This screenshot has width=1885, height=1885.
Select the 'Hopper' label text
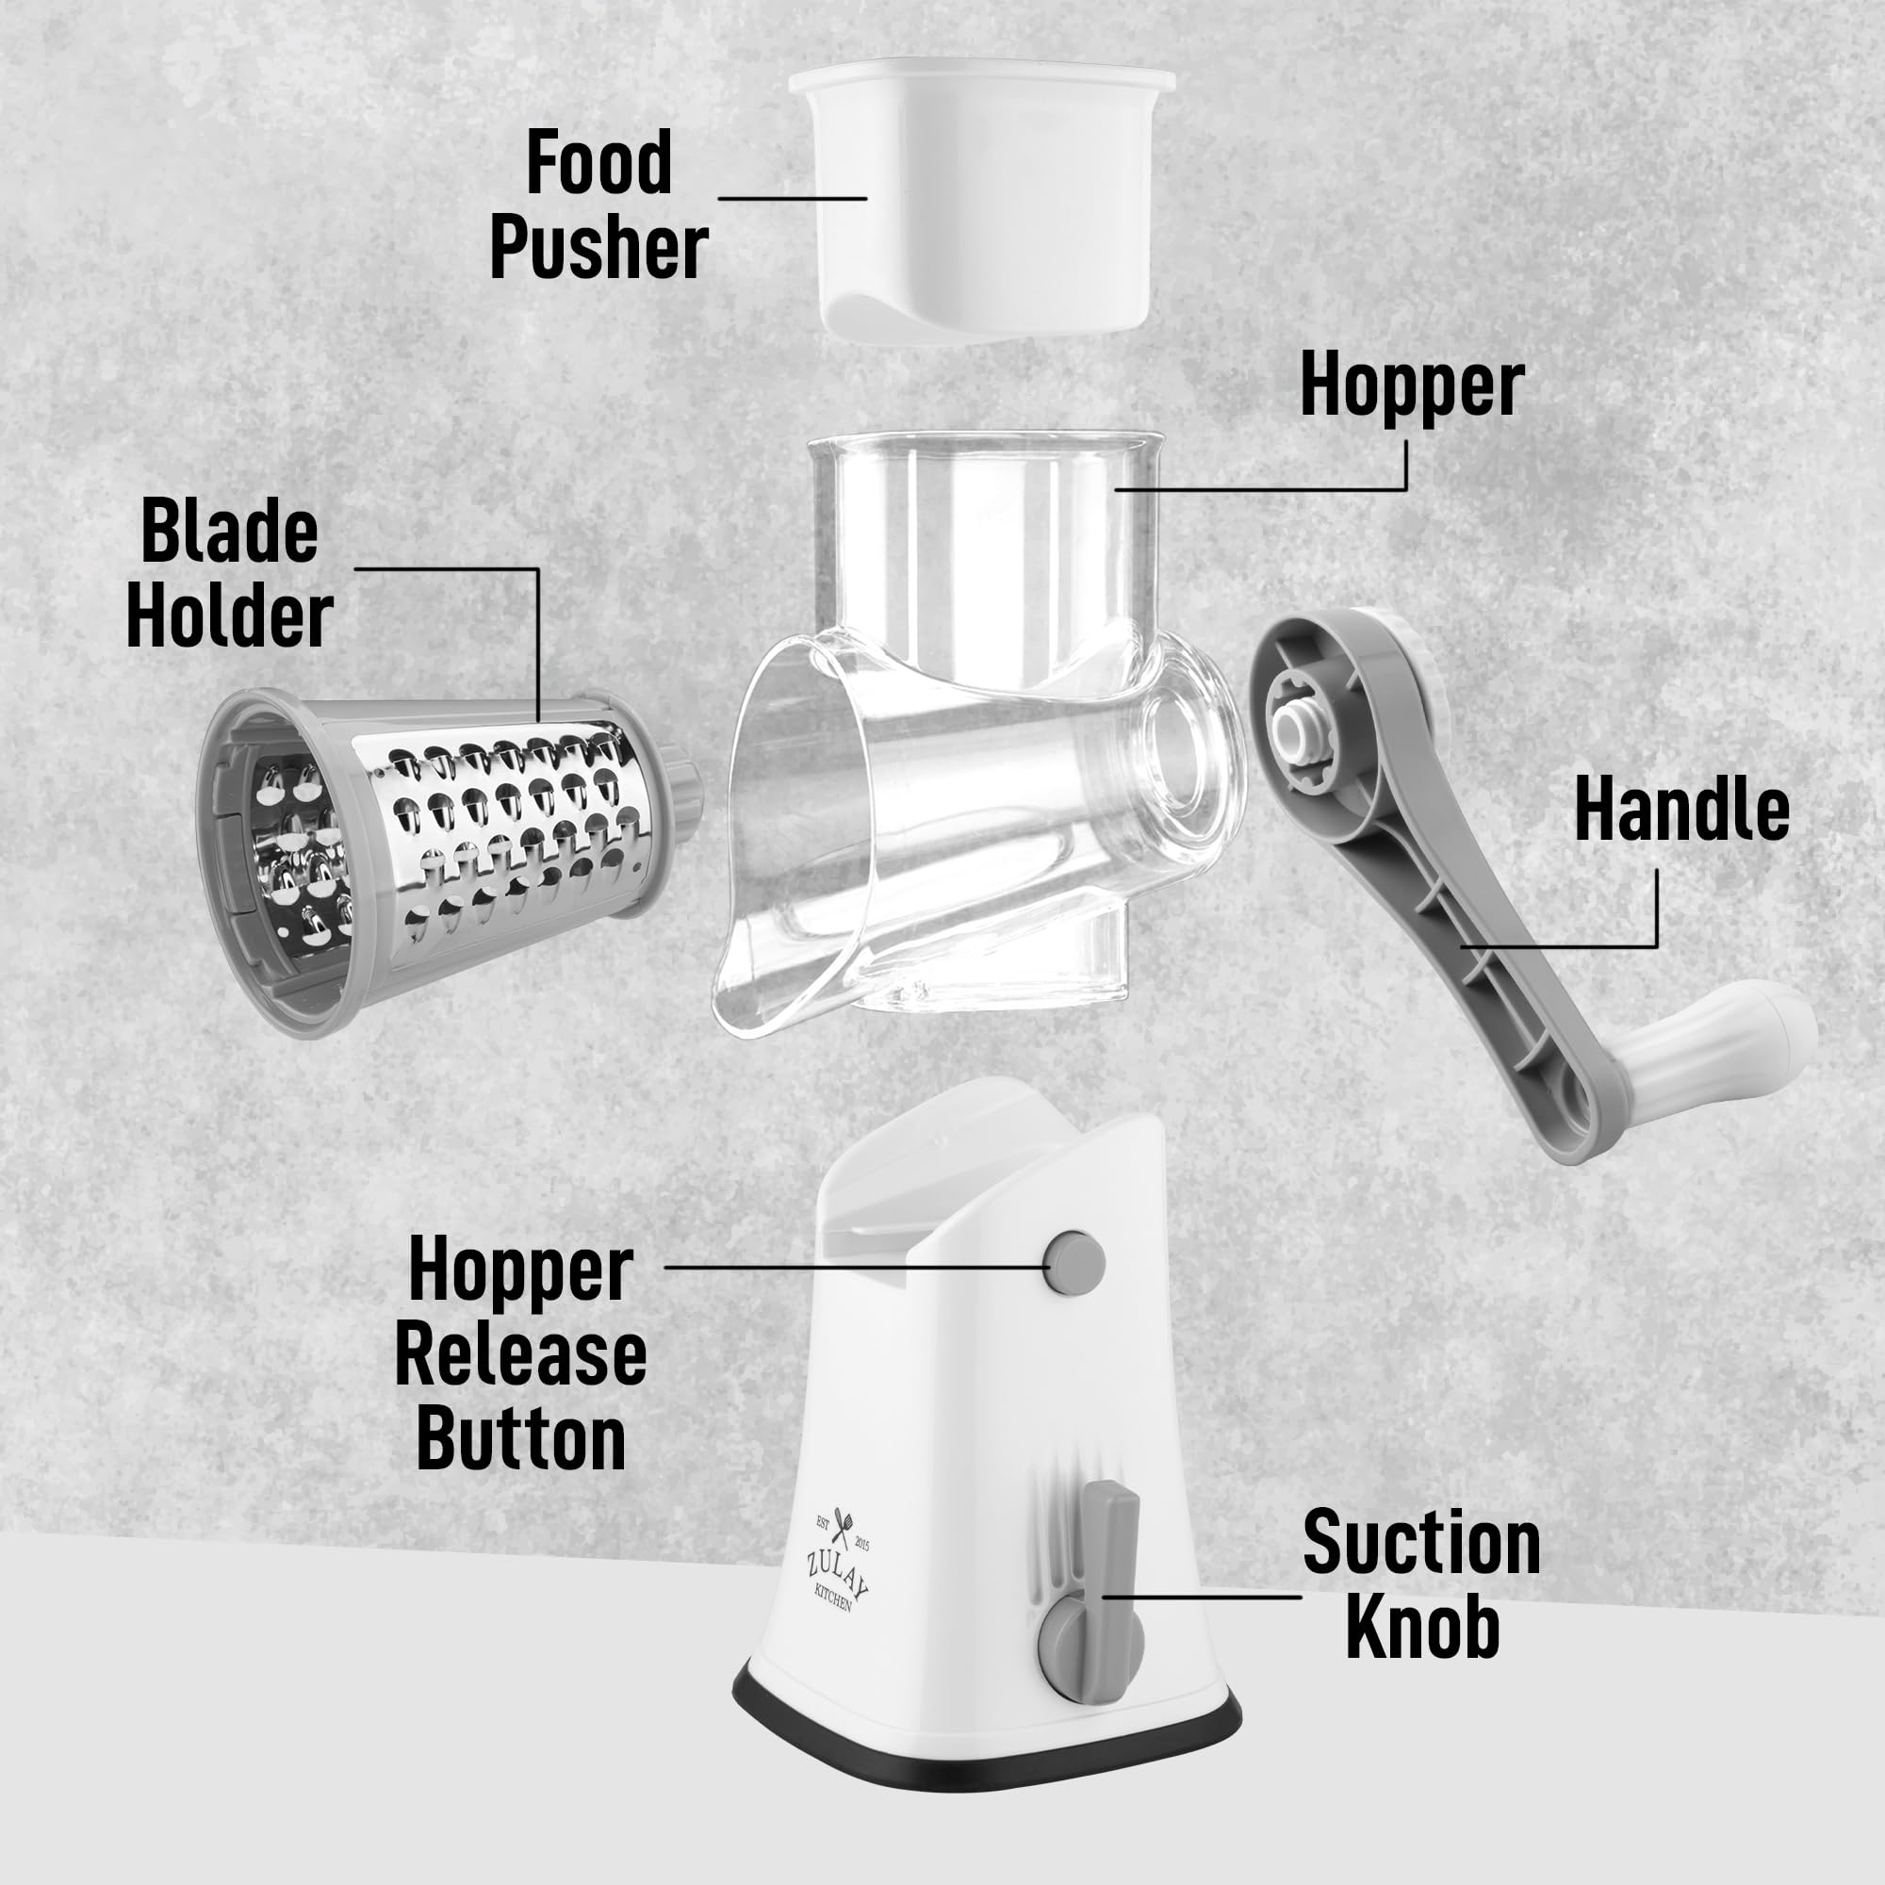(x=1411, y=386)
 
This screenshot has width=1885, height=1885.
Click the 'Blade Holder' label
(x=230, y=574)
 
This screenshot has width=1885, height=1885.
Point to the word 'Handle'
(x=1681, y=809)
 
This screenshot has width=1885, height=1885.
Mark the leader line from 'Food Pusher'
(x=792, y=199)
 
